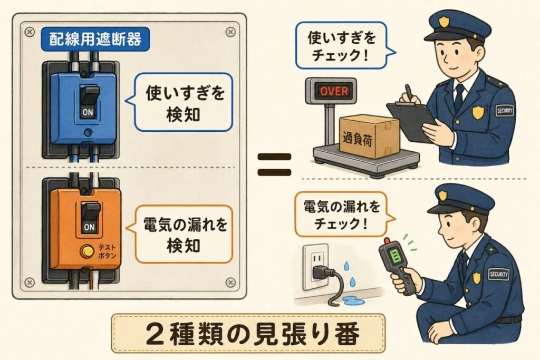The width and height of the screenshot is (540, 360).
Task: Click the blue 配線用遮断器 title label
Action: [95, 39]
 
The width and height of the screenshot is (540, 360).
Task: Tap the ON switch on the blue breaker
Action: [89, 102]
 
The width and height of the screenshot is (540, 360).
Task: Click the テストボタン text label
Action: [108, 251]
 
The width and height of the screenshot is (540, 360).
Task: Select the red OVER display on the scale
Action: [334, 91]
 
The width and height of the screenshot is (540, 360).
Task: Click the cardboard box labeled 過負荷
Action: [369, 136]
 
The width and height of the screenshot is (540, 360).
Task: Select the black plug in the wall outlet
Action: [322, 272]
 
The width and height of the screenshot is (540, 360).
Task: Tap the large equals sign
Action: [274, 165]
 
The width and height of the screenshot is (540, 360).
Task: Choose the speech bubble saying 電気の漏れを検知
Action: [181, 234]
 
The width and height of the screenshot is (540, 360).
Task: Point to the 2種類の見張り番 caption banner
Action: [248, 333]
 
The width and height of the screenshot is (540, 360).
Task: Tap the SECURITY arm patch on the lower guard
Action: [499, 274]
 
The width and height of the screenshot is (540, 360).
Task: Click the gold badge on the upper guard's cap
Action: [444, 22]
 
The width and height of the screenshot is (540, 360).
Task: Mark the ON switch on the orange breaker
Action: [90, 217]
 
